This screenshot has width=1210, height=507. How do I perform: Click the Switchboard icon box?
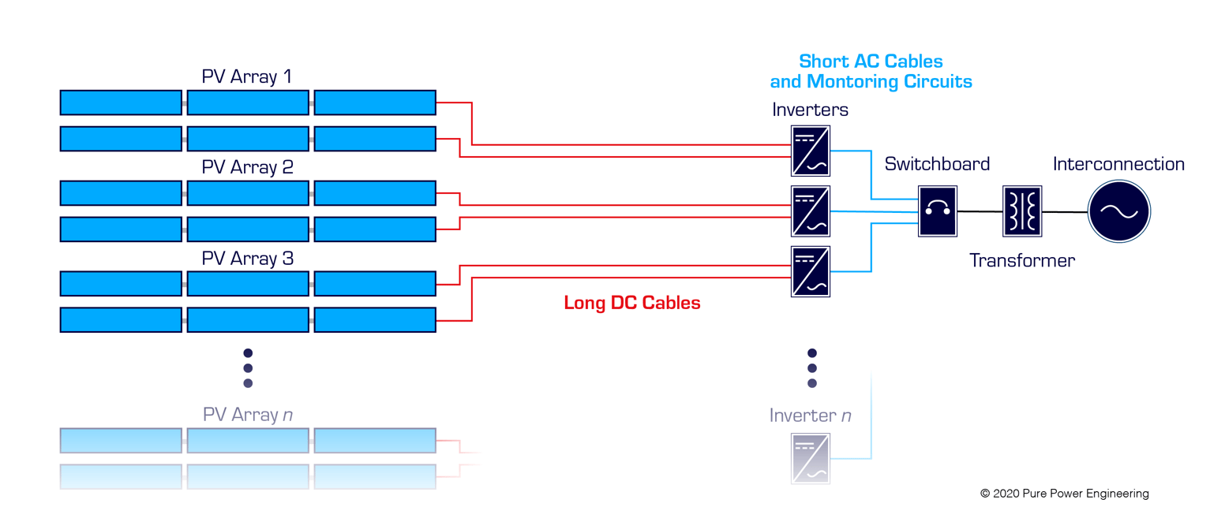coord(938,211)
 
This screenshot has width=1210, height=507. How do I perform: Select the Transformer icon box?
coord(1022,211)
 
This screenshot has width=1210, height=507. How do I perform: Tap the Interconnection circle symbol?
coord(1119,211)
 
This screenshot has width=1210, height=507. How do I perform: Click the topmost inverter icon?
coord(811,151)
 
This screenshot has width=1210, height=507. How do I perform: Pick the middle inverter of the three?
coord(811,211)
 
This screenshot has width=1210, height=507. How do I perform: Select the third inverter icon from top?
coord(811,271)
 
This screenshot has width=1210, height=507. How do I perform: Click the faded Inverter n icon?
coord(811,458)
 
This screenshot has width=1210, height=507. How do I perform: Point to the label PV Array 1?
coord(247,76)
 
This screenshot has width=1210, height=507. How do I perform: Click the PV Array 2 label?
coord(247,167)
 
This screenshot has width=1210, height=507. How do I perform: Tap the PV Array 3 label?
coord(247,259)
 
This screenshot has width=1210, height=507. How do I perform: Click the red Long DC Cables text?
coord(632,303)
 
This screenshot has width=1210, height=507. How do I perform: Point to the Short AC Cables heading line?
coord(871,61)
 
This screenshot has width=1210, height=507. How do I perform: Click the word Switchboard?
coord(937,164)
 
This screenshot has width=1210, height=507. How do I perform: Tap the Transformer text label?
coord(1022,260)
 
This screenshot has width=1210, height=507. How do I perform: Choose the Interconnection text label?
coord(1118,164)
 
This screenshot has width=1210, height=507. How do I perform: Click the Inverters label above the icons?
coord(810,110)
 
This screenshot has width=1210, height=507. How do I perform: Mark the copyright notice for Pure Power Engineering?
coord(1064,494)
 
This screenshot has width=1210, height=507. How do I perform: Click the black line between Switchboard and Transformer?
coord(980,211)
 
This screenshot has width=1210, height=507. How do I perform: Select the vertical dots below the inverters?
coord(811,368)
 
